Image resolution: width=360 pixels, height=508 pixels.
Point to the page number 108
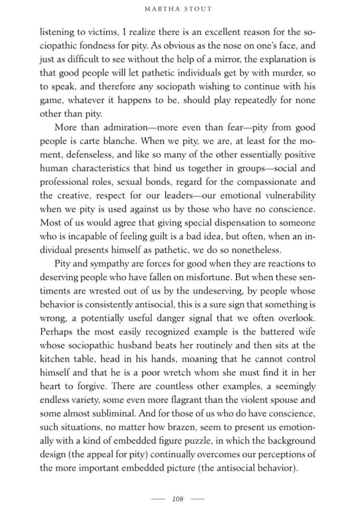(x=178, y=499)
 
